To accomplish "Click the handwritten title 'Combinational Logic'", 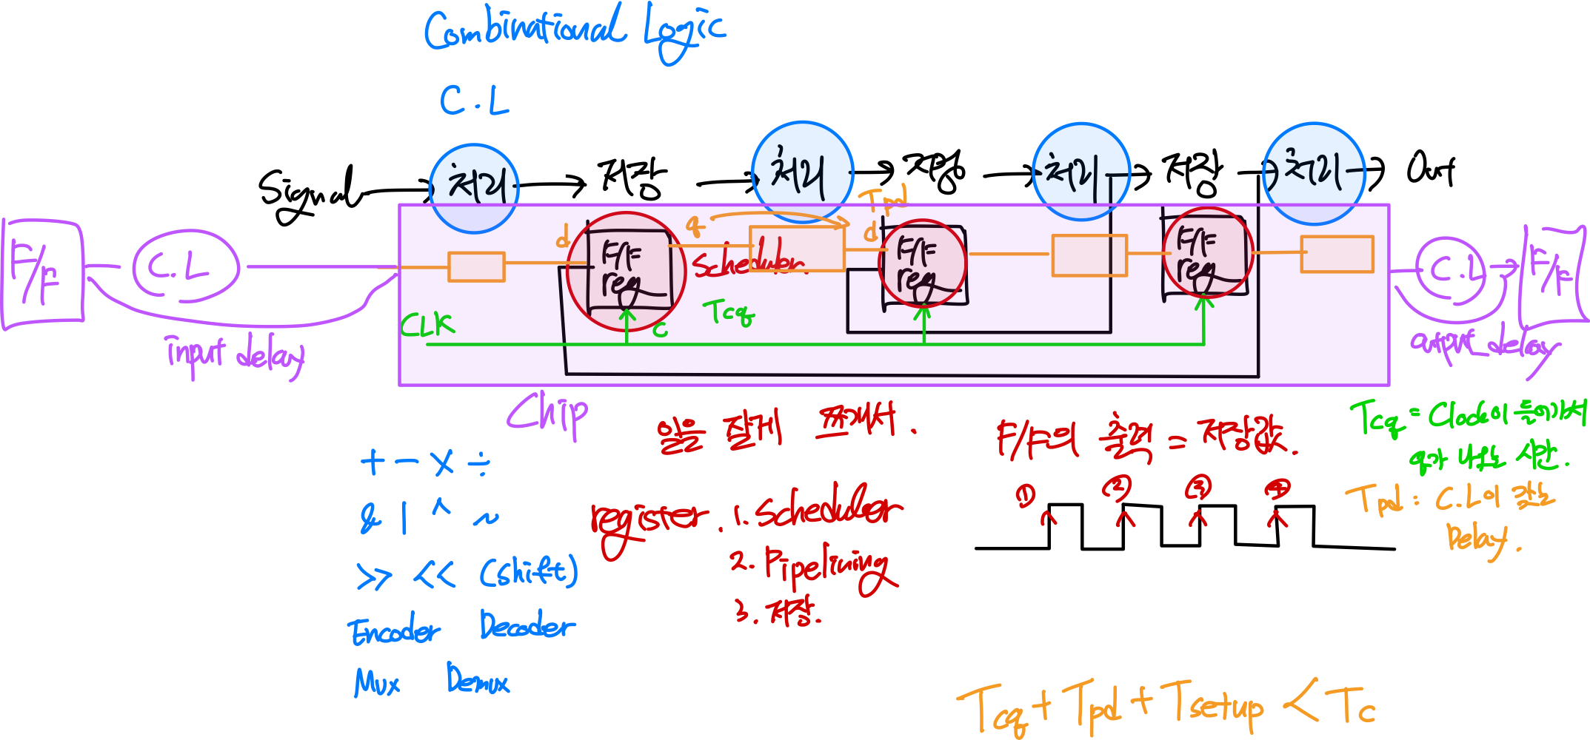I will [x=574, y=31].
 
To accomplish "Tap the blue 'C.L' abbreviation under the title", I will [x=474, y=101].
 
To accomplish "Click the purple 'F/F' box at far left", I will [x=41, y=272].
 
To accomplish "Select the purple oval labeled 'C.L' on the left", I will [x=185, y=267].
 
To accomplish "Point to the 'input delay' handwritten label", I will [x=236, y=355].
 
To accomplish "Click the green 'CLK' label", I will [x=427, y=324].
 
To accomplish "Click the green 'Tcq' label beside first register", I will [x=728, y=312].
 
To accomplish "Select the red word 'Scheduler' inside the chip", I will [x=748, y=263].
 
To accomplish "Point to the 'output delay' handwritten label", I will [x=1481, y=346].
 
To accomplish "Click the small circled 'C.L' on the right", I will [x=1452, y=270].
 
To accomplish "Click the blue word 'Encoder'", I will [x=394, y=631].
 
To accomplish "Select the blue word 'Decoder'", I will [x=527, y=626].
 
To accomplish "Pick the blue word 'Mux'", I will [x=377, y=682].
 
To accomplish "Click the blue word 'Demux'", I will [x=478, y=679].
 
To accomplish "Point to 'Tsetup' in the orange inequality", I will [x=1212, y=704].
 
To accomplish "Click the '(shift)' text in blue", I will [x=528, y=572].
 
